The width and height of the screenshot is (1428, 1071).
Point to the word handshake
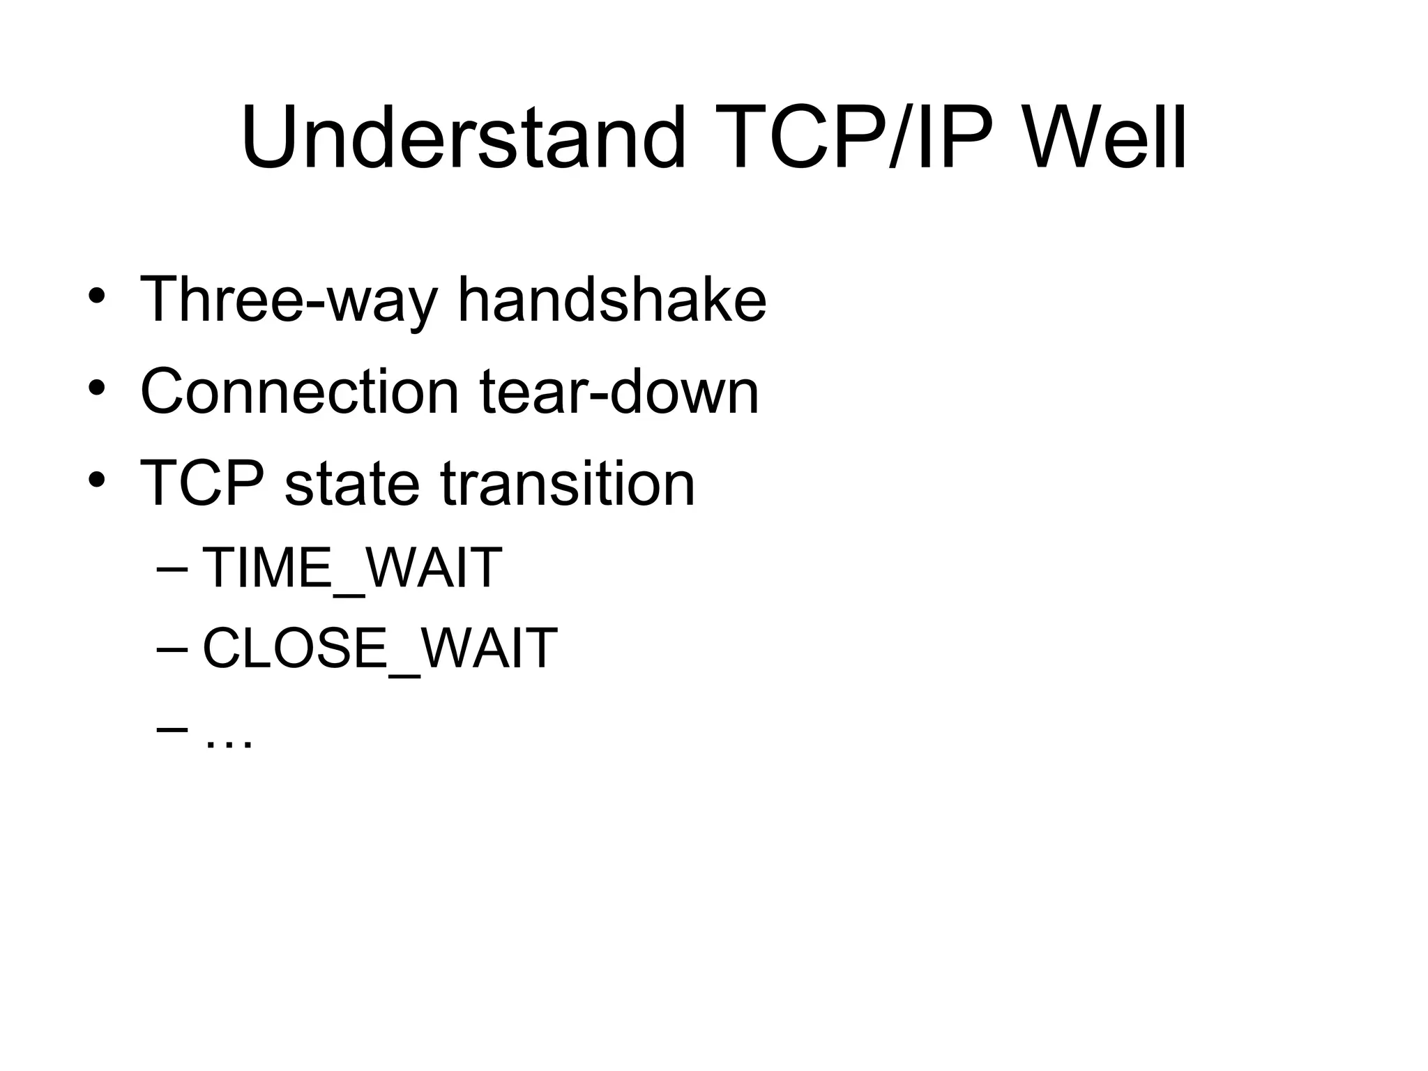612,300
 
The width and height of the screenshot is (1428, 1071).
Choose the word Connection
300,392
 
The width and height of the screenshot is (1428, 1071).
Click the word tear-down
619,392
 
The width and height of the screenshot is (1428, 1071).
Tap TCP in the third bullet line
202,483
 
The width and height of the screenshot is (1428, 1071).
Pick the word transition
568,483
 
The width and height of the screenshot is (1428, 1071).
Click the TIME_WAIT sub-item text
352,568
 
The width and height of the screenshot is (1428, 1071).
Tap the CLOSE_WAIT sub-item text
380,648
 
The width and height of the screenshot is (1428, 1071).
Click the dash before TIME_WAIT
172,569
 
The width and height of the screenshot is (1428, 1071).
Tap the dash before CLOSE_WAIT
172,649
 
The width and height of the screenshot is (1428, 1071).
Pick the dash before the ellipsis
172,729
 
